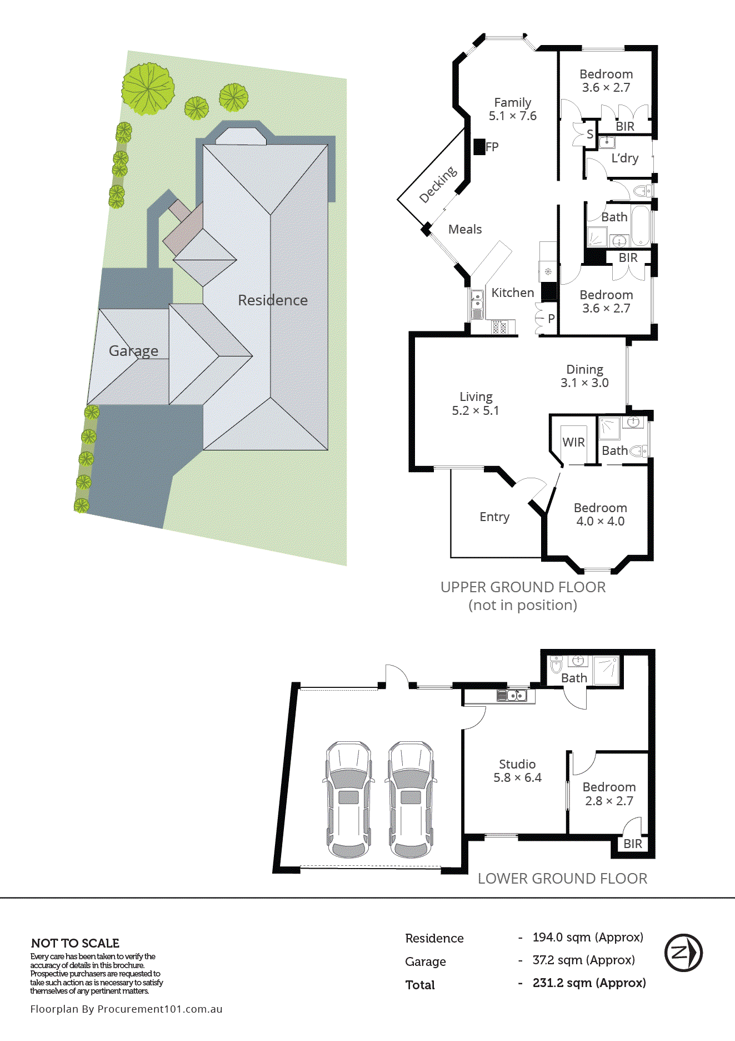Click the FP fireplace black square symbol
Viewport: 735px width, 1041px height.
pyautogui.click(x=479, y=147)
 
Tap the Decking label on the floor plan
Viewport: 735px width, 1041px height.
pyautogui.click(x=438, y=185)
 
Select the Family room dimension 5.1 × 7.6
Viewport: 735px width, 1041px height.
pyautogui.click(x=512, y=116)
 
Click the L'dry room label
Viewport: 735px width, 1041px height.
pyautogui.click(x=624, y=158)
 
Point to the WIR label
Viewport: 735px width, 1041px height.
pyautogui.click(x=573, y=442)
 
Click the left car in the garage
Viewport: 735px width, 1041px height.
pyautogui.click(x=348, y=799)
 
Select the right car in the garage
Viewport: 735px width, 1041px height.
pyautogui.click(x=411, y=799)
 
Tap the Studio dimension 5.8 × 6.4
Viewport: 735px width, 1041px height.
pyautogui.click(x=517, y=778)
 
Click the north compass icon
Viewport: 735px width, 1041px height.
pyautogui.click(x=683, y=953)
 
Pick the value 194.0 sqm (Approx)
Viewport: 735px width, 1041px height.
pyautogui.click(x=587, y=938)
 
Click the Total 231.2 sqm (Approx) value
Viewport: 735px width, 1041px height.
pyautogui.click(x=589, y=983)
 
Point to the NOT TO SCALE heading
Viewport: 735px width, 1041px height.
pyautogui.click(x=75, y=943)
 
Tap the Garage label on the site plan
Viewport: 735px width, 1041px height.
pyautogui.click(x=133, y=351)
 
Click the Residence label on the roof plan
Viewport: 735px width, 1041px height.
pyautogui.click(x=272, y=300)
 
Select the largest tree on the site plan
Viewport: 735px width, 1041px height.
pyautogui.click(x=148, y=88)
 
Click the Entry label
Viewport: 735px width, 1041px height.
pyautogui.click(x=494, y=517)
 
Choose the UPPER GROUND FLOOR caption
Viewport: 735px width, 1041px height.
pyautogui.click(x=523, y=587)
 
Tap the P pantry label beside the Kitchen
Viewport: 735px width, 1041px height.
pyautogui.click(x=551, y=319)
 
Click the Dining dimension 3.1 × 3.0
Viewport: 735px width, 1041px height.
pyautogui.click(x=584, y=383)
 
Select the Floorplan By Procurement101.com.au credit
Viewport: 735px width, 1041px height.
pyautogui.click(x=126, y=1009)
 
